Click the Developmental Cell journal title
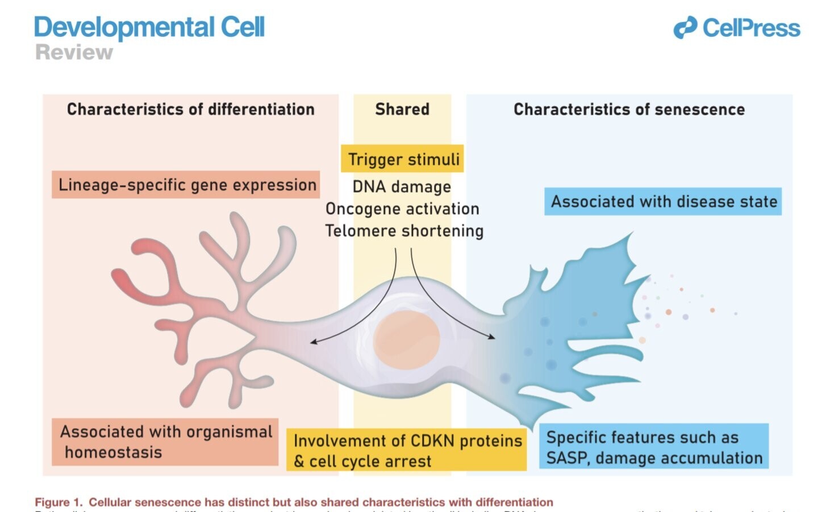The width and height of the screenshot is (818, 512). [x=149, y=27]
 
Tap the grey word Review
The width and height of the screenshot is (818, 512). [x=74, y=52]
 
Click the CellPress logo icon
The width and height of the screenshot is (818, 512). [x=685, y=28]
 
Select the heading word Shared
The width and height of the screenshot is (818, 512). [x=402, y=109]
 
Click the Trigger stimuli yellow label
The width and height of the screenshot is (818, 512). [x=403, y=159]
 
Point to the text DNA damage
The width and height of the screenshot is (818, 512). [x=402, y=187]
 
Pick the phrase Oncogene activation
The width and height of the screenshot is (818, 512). [x=402, y=209]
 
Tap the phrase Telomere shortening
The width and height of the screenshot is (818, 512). [x=404, y=231]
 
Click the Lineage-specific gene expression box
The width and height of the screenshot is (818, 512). [x=186, y=185]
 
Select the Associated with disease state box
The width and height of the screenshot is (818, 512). [x=663, y=202]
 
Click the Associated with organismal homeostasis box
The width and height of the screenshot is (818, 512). [x=165, y=442]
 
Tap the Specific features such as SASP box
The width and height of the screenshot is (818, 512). [x=653, y=447]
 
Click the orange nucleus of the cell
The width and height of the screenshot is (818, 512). [x=407, y=337]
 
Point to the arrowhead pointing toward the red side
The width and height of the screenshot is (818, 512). [x=312, y=342]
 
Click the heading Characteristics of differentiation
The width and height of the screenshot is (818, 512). [x=190, y=109]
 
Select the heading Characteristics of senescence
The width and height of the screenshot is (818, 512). [x=629, y=109]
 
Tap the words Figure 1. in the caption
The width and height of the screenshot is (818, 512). [x=59, y=502]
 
